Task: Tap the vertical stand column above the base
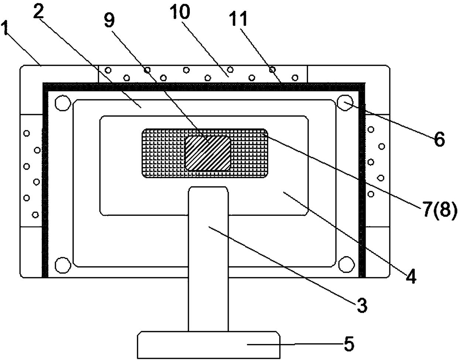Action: (x=208, y=259)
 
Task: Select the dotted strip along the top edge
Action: (x=202, y=74)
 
